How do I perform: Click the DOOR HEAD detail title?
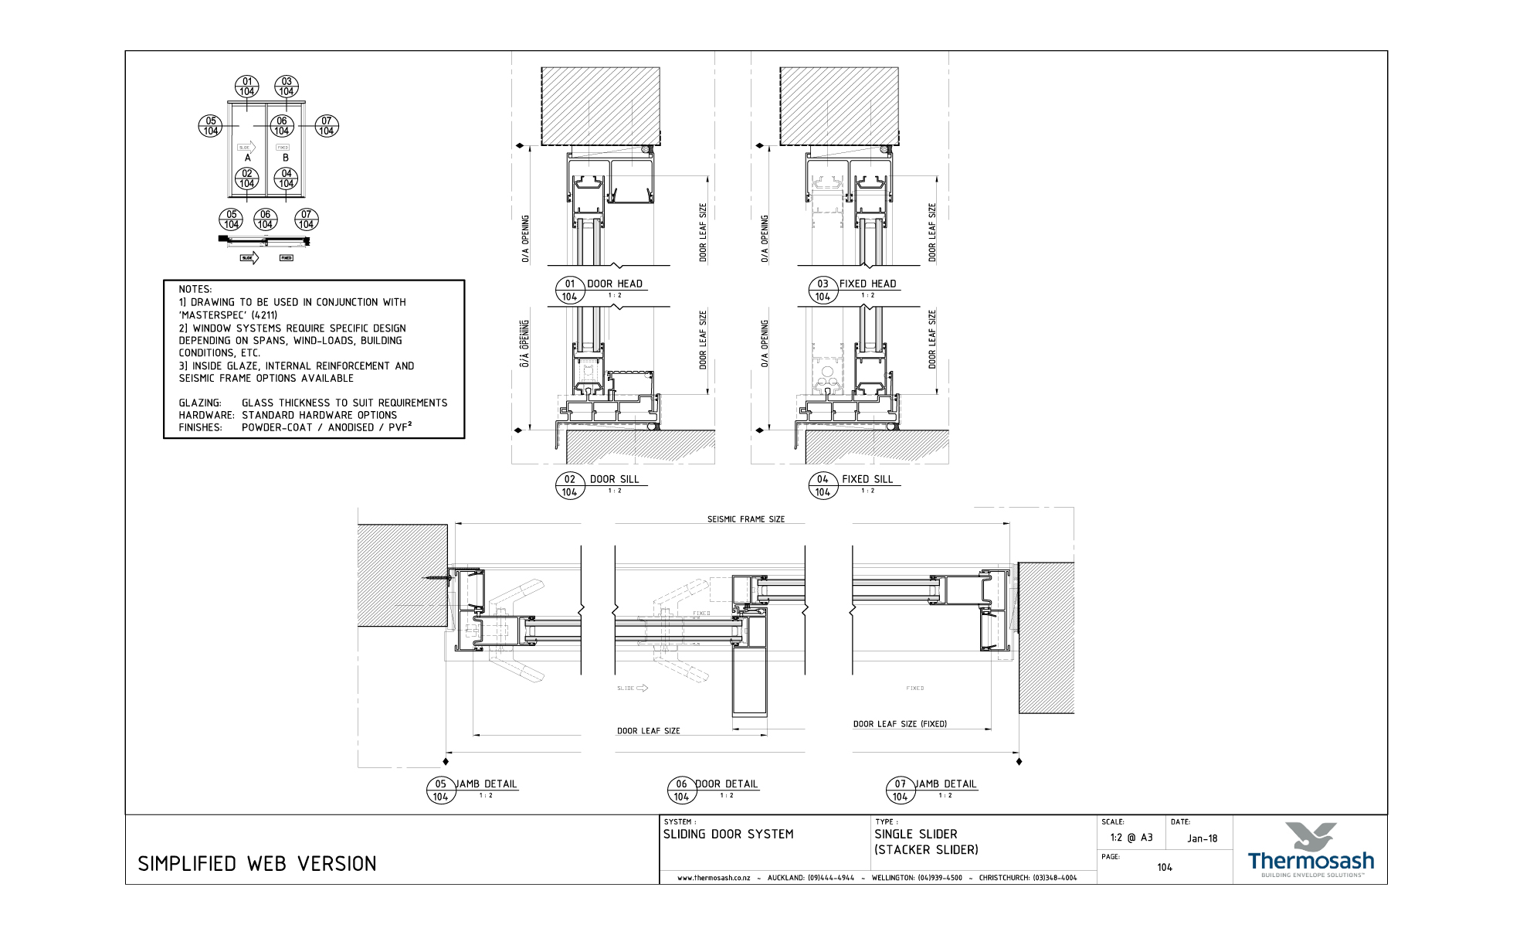615,284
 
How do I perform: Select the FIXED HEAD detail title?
867,284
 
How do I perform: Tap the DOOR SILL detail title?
615,479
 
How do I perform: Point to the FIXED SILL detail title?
867,479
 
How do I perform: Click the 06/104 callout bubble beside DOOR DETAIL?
680,790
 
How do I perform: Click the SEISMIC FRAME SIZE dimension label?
746,519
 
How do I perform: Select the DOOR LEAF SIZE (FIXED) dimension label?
900,724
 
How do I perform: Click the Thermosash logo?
1311,850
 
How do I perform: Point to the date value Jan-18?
1203,838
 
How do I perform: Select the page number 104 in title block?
1165,867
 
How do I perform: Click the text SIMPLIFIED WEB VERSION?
257,864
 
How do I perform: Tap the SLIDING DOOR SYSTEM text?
728,835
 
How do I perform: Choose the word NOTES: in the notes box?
195,290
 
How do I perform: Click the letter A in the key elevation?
247,158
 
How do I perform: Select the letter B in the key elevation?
285,158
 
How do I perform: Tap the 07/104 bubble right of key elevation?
327,126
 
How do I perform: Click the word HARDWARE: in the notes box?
206,415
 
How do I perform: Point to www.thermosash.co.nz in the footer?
714,878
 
